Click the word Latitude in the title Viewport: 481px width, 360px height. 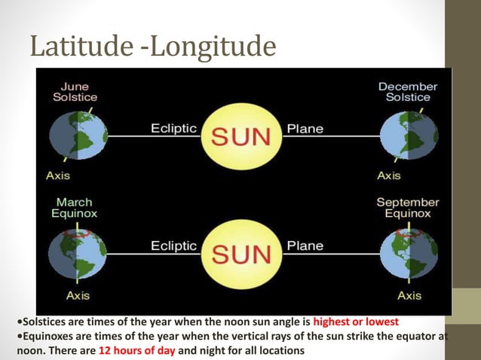tap(81, 47)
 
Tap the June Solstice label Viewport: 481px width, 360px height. tap(75, 92)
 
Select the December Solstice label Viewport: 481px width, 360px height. tap(408, 92)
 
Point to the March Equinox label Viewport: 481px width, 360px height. tap(75, 208)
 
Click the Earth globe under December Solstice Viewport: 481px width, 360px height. tap(408, 136)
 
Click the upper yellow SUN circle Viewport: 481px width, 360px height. tap(241, 136)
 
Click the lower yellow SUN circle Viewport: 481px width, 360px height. tap(241, 254)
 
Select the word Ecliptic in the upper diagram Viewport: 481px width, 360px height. tap(174, 128)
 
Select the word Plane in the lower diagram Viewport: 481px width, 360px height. tap(305, 246)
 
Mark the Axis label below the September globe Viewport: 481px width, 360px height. tap(409, 295)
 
